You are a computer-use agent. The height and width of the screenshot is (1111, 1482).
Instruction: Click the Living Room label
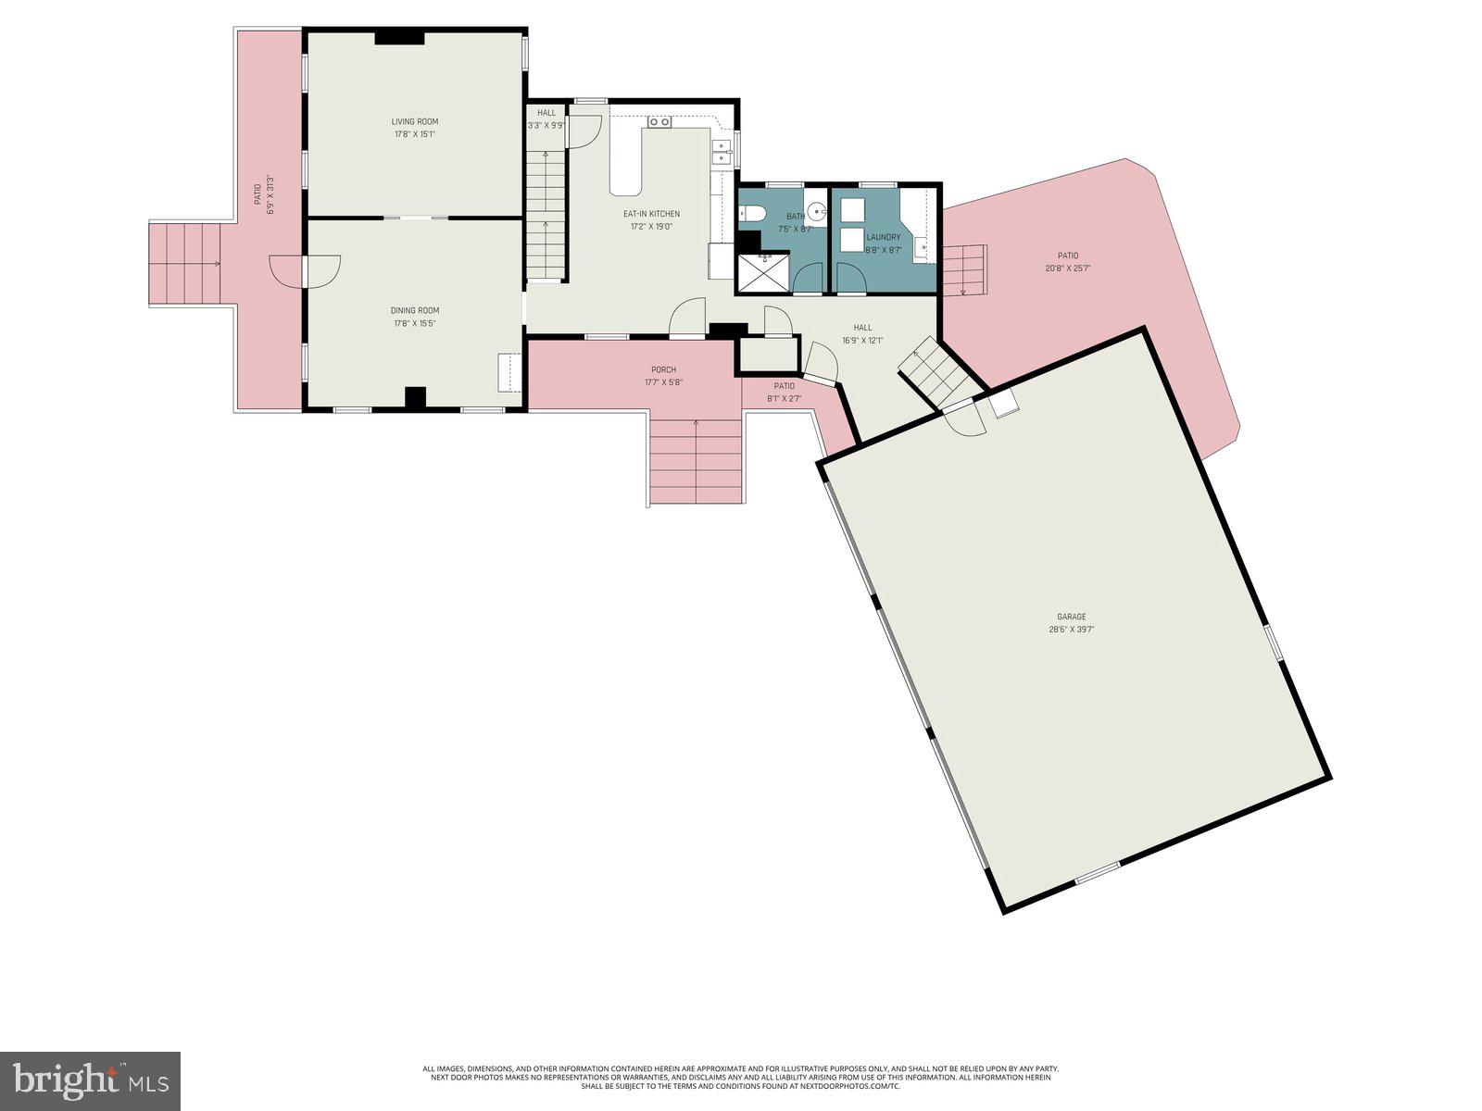click(414, 121)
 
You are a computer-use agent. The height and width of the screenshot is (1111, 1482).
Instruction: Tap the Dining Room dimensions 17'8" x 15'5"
click(414, 323)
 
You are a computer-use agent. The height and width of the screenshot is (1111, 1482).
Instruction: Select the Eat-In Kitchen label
click(650, 214)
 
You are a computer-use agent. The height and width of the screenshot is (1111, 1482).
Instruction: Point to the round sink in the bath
click(816, 208)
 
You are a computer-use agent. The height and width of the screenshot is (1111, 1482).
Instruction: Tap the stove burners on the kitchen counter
click(659, 122)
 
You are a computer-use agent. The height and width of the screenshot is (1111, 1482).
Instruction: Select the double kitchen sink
click(721, 153)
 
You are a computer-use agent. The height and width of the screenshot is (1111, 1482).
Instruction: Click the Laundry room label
click(883, 237)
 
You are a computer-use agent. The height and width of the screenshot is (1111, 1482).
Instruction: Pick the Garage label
click(1071, 617)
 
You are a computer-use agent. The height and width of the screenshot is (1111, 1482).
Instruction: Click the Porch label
click(663, 369)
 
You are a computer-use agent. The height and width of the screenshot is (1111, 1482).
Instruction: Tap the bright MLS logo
click(90, 1080)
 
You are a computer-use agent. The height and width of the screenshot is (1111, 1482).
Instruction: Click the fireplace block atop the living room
click(399, 38)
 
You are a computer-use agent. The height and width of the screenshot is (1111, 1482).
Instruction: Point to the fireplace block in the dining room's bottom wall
click(415, 397)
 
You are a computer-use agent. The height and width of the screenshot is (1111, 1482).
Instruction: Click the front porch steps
click(696, 461)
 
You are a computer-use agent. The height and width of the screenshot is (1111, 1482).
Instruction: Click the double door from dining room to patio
click(304, 270)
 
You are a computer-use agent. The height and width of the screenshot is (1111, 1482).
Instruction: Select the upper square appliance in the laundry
click(851, 206)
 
